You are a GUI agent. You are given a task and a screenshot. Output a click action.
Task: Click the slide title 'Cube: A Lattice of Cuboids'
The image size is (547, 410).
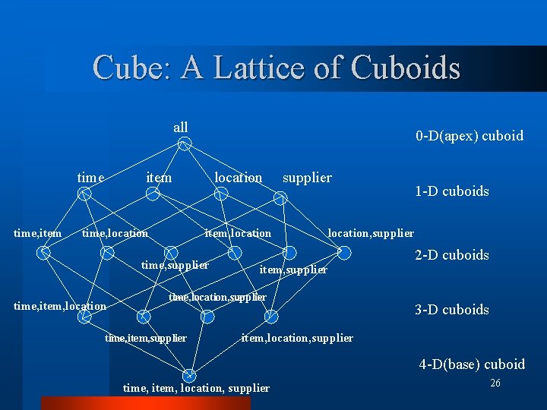click(x=277, y=68)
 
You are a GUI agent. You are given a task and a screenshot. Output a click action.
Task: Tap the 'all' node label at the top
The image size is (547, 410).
click(x=181, y=127)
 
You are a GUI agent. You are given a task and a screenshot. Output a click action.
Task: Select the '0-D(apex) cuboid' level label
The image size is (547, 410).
click(x=469, y=136)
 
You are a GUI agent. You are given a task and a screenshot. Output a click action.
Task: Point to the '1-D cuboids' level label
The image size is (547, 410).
click(x=452, y=191)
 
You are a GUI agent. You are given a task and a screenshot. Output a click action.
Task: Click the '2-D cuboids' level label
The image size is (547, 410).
click(x=452, y=255)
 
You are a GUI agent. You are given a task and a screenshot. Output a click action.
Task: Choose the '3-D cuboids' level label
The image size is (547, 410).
click(x=452, y=310)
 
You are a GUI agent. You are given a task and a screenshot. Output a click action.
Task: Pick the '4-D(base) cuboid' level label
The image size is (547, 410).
click(x=472, y=364)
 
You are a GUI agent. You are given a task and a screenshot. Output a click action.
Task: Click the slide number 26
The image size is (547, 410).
click(x=495, y=383)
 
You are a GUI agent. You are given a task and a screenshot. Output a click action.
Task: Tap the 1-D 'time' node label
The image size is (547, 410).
click(x=90, y=178)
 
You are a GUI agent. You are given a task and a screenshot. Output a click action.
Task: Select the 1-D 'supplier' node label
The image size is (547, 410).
click(x=307, y=178)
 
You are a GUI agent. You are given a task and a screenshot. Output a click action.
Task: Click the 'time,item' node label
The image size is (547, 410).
click(x=38, y=233)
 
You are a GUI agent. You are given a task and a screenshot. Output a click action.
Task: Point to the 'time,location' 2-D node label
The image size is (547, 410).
click(x=115, y=233)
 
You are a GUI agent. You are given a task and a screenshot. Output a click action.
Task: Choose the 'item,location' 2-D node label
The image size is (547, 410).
click(x=238, y=233)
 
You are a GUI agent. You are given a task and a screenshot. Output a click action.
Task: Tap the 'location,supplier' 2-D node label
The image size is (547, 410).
click(x=371, y=233)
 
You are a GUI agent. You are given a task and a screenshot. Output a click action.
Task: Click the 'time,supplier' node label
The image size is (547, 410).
click(x=175, y=265)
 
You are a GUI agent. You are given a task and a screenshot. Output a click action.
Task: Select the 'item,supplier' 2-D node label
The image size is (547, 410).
click(x=293, y=270)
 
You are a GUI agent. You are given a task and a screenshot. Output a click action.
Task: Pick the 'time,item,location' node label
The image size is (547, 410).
click(x=60, y=306)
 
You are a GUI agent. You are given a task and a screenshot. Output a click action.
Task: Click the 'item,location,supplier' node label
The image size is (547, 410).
click(x=297, y=338)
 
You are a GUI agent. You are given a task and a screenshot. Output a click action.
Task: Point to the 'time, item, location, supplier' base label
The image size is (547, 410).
click(x=196, y=388)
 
